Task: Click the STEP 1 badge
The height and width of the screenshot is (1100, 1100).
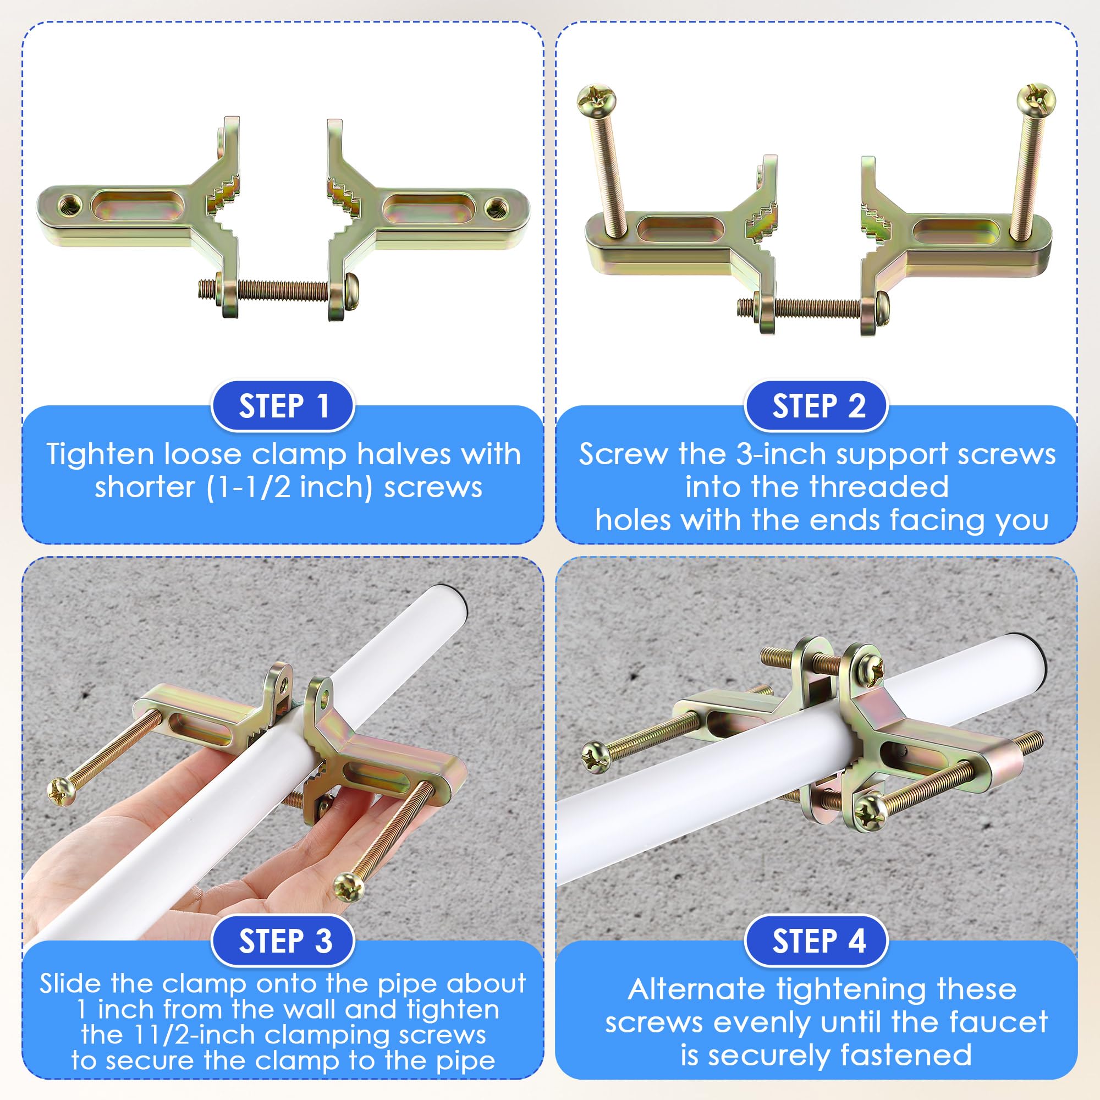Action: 283,406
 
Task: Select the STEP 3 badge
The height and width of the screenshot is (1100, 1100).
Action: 283,941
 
